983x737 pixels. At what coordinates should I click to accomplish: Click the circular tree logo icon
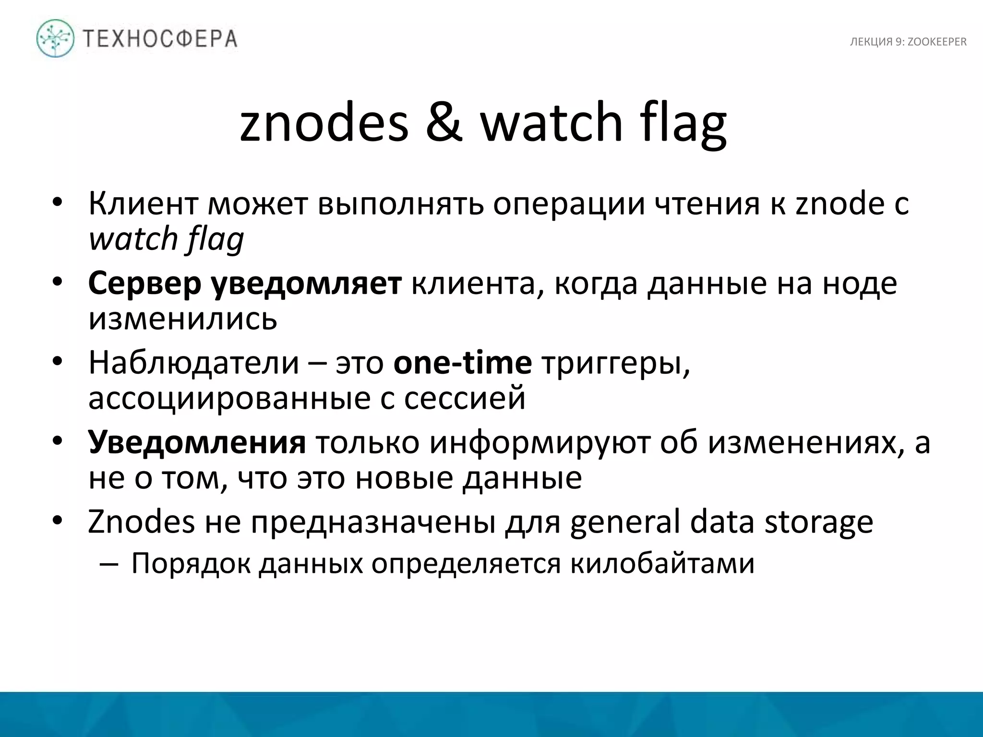click(x=55, y=38)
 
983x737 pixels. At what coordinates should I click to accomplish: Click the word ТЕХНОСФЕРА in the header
click(x=160, y=39)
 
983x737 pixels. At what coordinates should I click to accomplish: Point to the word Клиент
click(x=143, y=203)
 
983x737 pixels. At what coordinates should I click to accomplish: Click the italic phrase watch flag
click(x=166, y=239)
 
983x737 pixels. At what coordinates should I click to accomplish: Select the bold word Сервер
click(x=144, y=284)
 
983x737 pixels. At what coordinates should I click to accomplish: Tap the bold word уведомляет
click(x=307, y=284)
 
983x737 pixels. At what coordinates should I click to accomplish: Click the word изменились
click(x=183, y=318)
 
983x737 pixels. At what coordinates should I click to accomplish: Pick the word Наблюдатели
click(x=194, y=363)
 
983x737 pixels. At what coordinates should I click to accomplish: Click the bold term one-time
click(x=462, y=363)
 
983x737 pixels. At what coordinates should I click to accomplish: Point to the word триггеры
click(x=616, y=364)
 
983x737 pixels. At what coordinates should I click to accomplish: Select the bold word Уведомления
click(x=197, y=442)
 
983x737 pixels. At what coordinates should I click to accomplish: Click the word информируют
click(x=539, y=442)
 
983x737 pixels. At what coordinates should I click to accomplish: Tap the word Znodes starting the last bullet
click(x=141, y=522)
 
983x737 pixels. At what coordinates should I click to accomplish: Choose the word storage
click(x=818, y=523)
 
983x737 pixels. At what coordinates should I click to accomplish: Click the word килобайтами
click(x=662, y=563)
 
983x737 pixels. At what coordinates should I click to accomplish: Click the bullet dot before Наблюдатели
click(x=58, y=363)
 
